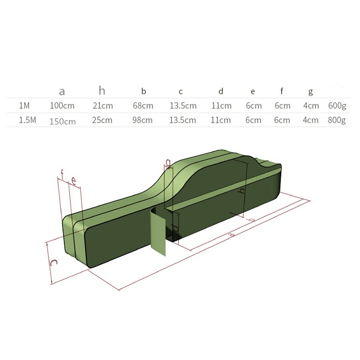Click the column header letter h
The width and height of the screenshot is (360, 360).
tap(102, 91)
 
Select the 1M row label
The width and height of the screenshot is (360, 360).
tap(24, 105)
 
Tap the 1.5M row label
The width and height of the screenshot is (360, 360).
tap(27, 120)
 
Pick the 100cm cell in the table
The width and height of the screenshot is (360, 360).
tap(62, 106)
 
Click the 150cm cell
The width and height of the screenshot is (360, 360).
tap(63, 121)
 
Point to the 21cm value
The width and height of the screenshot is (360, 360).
tap(103, 106)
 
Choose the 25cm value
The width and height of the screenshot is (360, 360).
tap(102, 120)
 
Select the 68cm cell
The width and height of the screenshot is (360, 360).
tap(143, 106)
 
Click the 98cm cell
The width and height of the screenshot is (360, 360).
tap(142, 120)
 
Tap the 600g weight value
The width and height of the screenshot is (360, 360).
tap(337, 106)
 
